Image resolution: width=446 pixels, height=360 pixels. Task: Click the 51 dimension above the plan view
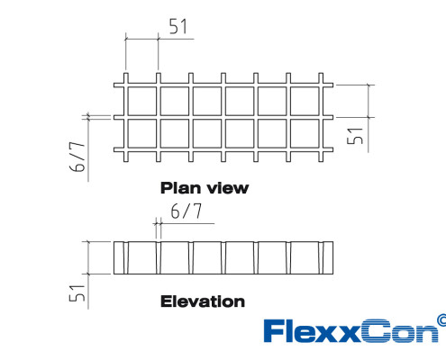[x=178, y=26]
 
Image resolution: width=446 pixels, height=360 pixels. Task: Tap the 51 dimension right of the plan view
[x=355, y=136]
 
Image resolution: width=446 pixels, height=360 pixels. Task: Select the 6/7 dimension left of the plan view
[x=77, y=157]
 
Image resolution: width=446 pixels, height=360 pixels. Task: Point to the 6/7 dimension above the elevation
[x=187, y=211]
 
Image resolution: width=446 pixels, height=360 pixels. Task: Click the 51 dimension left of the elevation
[x=77, y=293]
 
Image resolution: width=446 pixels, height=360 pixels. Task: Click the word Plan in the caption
[x=181, y=188]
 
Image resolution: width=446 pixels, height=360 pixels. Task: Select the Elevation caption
[x=203, y=301]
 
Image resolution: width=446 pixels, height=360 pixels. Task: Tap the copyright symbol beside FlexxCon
[x=442, y=319]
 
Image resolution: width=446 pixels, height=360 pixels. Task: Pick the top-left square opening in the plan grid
[x=141, y=101]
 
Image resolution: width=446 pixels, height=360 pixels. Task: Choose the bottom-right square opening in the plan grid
[x=305, y=133]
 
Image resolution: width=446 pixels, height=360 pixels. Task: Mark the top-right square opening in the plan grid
[x=305, y=101]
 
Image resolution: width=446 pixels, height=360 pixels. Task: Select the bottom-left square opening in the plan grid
[x=141, y=133]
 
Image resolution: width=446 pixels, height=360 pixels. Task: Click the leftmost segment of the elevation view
[x=119, y=257]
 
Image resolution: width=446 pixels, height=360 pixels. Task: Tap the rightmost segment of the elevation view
[x=328, y=257]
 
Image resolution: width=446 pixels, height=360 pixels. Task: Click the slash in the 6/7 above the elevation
[x=187, y=211]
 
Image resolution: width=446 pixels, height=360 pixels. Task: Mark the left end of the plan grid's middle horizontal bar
[x=114, y=117]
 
